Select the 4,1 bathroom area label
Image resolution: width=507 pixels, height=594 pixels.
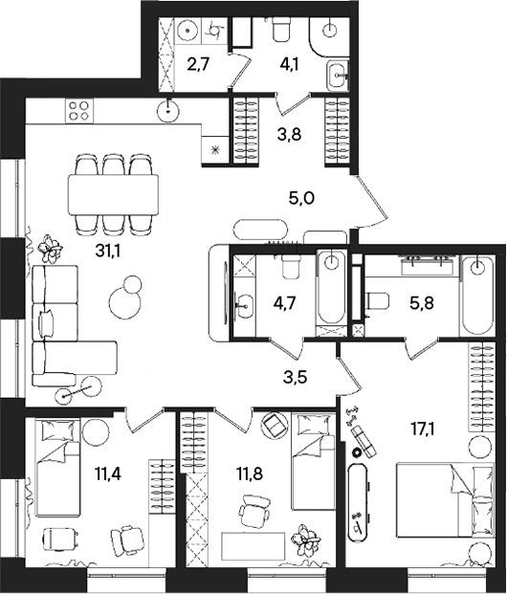(x=288, y=68)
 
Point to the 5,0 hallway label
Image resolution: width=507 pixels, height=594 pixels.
(x=302, y=198)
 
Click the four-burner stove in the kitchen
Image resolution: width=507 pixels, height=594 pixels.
(x=78, y=111)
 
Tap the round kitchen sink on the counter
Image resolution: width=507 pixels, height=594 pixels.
(x=170, y=108)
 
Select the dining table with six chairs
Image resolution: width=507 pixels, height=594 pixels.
(x=114, y=195)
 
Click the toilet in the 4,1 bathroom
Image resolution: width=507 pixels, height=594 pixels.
(x=282, y=32)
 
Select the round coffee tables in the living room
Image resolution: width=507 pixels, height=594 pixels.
(x=123, y=300)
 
